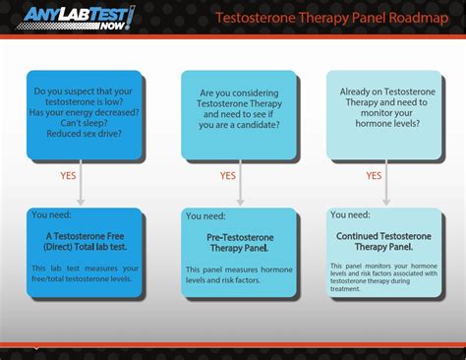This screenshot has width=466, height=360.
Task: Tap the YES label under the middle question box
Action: point(227,175)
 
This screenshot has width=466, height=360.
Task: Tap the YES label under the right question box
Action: point(374,175)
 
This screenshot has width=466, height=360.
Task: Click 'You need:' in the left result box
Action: point(52,214)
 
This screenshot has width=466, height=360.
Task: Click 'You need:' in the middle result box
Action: point(205,214)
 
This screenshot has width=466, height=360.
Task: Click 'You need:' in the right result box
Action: point(351,214)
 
